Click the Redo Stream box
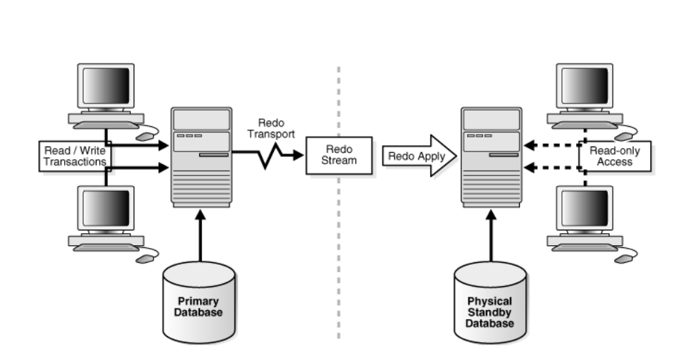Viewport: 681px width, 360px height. [x=339, y=155]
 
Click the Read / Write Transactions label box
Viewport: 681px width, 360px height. [x=74, y=156]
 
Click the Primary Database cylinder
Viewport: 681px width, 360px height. [x=198, y=302]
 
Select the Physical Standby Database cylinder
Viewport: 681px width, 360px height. [x=489, y=307]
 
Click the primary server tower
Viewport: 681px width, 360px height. [x=201, y=156]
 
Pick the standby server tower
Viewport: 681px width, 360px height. [x=492, y=156]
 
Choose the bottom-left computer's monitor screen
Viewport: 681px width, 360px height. [x=106, y=209]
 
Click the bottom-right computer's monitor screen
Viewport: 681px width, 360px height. [x=585, y=209]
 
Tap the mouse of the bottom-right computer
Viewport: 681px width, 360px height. [x=624, y=259]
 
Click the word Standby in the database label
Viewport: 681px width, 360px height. [x=490, y=312]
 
